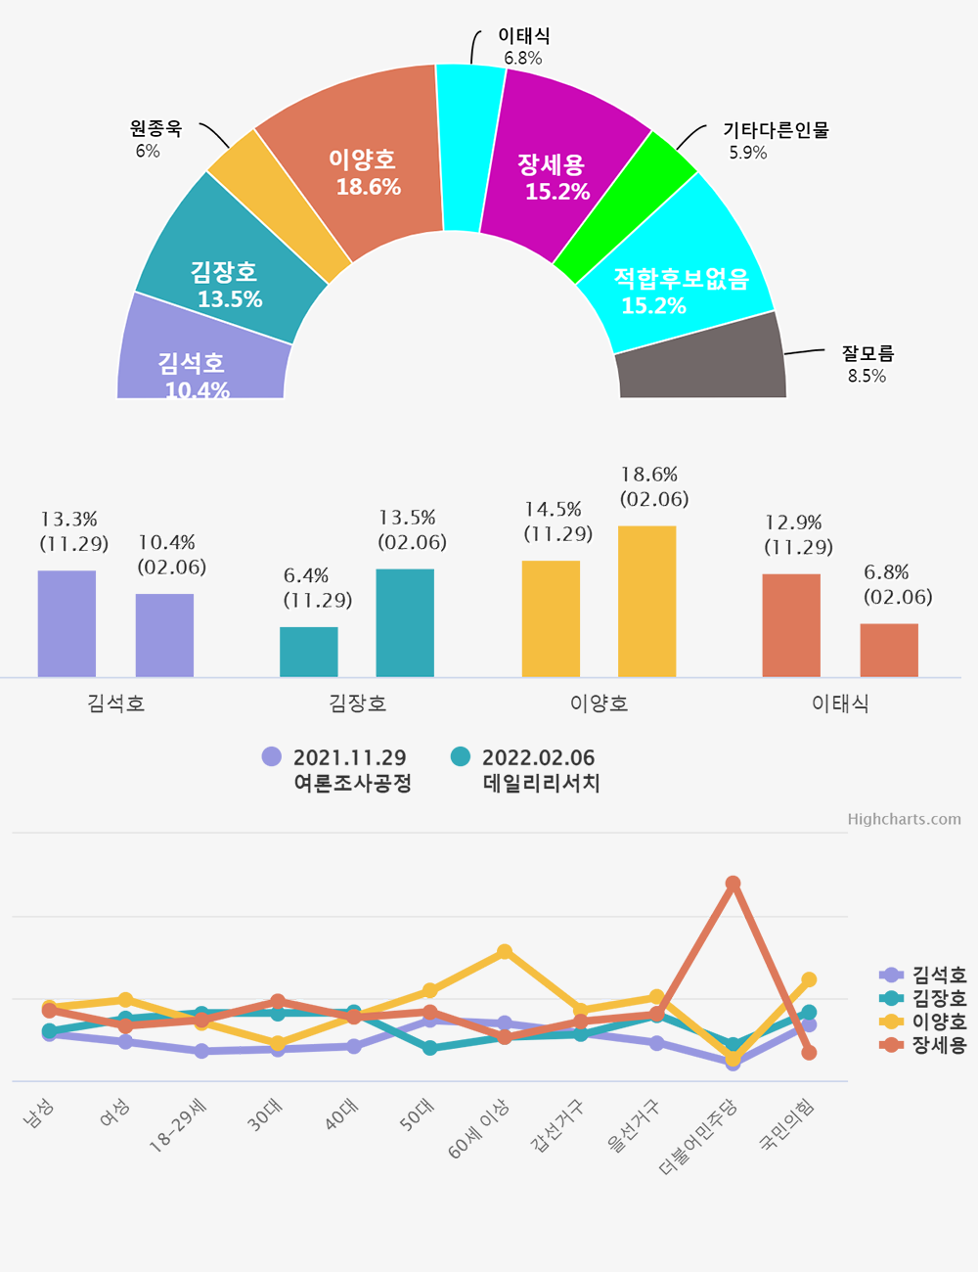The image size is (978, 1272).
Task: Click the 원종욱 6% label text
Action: pos(155,138)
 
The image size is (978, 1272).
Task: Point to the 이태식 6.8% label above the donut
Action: pos(523,46)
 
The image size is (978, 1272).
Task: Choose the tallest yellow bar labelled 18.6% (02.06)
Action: pos(646,601)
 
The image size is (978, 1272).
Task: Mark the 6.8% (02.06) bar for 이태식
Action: pos(889,650)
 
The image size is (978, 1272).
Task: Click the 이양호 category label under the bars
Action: pos(599,704)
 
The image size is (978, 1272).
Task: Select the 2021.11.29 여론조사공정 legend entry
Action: pos(337,770)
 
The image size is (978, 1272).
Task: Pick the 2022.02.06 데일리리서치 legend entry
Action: pos(526,770)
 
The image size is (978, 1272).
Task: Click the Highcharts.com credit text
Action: pos(904,819)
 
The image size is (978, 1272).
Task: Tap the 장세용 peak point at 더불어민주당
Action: pos(733,884)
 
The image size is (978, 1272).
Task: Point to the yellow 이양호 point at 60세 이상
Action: pos(505,952)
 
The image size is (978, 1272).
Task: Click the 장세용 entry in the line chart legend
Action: pos(924,1045)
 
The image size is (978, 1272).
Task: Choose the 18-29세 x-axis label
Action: pos(178,1126)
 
